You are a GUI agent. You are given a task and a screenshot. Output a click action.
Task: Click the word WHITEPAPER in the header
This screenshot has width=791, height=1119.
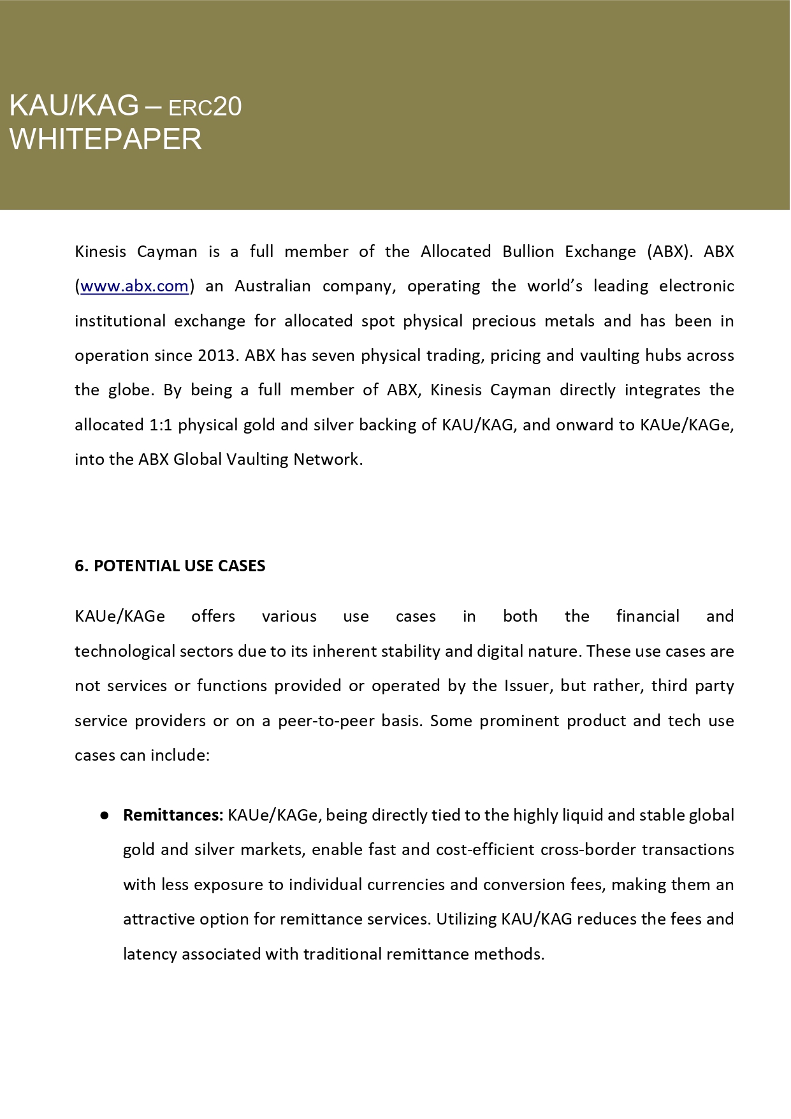[106, 140]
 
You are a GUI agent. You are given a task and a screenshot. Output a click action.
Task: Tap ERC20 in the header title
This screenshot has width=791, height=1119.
[205, 107]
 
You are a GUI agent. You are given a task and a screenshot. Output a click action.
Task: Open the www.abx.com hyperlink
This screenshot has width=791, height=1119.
[134, 286]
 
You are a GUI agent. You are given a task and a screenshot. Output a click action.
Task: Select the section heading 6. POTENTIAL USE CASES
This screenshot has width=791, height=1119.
[170, 566]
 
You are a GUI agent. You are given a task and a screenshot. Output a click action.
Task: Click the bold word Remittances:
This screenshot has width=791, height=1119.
[173, 815]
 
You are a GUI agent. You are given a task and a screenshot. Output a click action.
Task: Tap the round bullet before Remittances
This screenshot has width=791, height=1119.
[104, 815]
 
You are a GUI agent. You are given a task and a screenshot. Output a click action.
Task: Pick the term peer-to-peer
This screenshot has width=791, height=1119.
[326, 721]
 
